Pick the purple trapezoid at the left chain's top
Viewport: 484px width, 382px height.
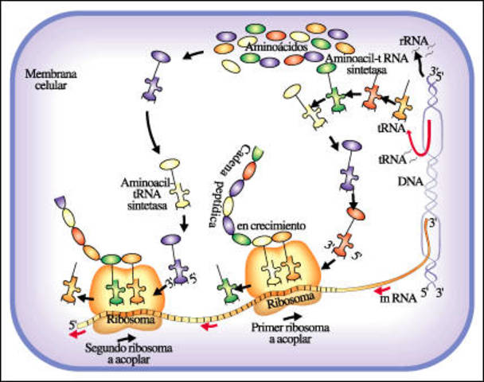[x=62, y=205]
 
